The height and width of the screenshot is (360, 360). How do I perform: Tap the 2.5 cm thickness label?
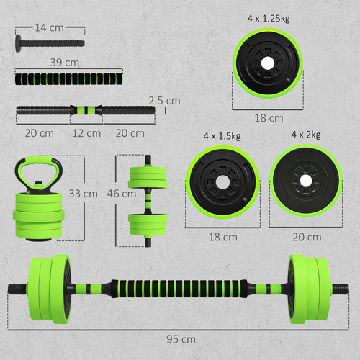(164, 101)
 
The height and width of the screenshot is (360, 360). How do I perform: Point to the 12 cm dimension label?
(86, 133)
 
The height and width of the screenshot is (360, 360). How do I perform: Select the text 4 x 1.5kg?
(222, 135)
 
